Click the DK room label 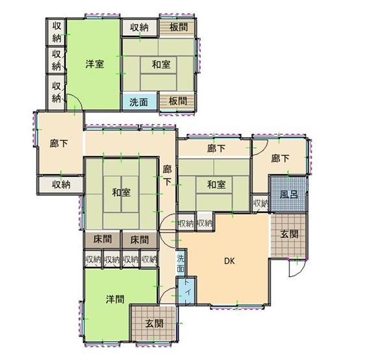point(229,261)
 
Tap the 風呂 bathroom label point(288,194)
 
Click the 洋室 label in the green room point(95,64)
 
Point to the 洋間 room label point(115,299)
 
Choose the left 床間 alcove point(103,240)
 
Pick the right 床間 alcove point(139,240)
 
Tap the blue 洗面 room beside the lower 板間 point(139,101)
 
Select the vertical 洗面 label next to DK point(181,264)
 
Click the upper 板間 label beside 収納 point(179,27)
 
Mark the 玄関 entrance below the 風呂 point(288,235)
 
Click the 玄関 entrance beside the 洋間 point(154,323)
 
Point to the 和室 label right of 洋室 point(161,64)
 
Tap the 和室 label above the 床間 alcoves point(121,192)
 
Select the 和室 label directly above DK point(216,185)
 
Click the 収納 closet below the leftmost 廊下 point(60,185)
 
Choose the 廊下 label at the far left point(58,144)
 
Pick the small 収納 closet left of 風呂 point(260,203)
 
